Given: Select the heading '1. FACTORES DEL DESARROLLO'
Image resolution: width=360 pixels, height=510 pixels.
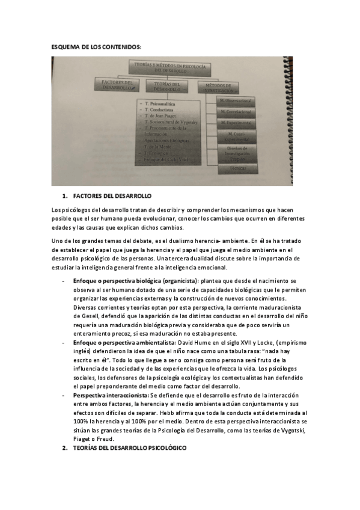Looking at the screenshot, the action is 108,197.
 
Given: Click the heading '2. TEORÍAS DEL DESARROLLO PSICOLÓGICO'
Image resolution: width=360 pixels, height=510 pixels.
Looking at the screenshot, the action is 126,449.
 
